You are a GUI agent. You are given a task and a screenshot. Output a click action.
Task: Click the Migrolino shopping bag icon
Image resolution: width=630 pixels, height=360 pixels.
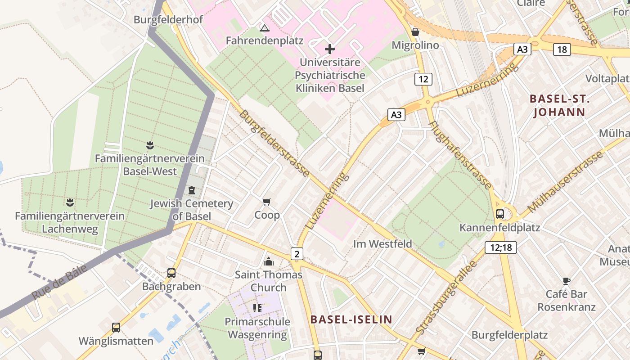pos(415,32)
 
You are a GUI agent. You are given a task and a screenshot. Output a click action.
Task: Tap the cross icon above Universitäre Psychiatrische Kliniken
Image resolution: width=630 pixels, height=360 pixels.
pos(330,49)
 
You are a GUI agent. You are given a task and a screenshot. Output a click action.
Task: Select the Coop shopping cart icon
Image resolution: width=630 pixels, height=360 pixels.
pos(267,202)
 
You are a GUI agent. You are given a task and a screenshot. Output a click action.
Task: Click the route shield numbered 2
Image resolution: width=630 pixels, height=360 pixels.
pos(297,254)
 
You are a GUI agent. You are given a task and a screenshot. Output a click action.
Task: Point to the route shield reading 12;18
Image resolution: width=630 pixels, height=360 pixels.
pos(501,247)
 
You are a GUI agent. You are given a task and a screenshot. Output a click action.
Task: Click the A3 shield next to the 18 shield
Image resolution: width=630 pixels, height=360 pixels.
pos(522,49)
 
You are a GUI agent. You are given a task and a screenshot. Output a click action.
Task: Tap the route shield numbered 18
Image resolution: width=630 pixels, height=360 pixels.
pos(562,49)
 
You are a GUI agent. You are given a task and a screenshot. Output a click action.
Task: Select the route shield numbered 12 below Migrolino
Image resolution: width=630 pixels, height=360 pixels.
pos(423,79)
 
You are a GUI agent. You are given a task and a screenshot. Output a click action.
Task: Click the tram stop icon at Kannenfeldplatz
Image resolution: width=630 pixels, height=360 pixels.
pos(499,214)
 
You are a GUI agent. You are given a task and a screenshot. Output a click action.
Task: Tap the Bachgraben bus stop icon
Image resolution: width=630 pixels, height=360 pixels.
pos(171,273)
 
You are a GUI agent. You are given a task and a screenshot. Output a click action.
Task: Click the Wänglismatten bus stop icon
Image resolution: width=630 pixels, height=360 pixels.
pos(116,327)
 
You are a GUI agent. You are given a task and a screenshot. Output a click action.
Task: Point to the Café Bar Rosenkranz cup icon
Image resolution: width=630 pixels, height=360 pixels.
pos(566,281)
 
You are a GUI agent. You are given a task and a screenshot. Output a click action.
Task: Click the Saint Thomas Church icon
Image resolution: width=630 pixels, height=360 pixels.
pos(269,261)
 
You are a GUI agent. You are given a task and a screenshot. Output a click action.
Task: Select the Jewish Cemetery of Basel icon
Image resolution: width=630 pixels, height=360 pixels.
pos(192,190)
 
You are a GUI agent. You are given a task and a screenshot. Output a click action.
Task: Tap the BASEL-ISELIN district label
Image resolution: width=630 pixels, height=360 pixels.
pos(351,320)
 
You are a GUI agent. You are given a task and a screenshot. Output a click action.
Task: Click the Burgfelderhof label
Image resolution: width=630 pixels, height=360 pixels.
pos(168,20)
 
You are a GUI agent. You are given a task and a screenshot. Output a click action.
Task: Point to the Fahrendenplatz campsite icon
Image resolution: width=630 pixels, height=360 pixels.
pos(265,28)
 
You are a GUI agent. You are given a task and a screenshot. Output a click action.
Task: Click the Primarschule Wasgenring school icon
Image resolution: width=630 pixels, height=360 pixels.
pos(257,308)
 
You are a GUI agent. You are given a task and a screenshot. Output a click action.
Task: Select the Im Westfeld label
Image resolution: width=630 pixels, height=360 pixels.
pos(382,244)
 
